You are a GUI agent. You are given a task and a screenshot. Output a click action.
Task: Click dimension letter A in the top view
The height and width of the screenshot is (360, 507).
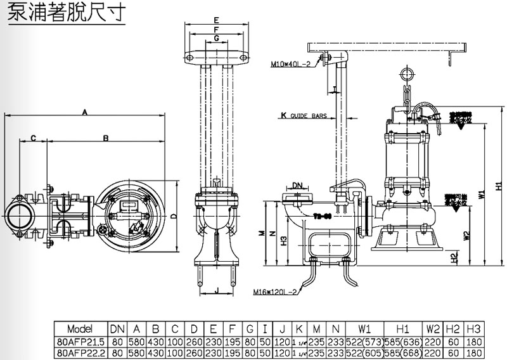tap(84, 111)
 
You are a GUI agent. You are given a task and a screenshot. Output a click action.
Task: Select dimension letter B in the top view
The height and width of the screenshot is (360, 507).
tap(106, 137)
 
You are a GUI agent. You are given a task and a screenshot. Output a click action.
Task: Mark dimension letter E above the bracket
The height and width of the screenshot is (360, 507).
tap(216, 20)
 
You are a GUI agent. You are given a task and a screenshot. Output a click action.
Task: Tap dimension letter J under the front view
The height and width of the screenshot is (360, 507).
tap(216, 291)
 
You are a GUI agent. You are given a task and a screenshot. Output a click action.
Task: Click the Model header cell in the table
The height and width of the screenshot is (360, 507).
tap(79, 329)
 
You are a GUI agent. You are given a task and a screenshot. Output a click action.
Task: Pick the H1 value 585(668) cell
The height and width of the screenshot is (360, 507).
tap(401, 351)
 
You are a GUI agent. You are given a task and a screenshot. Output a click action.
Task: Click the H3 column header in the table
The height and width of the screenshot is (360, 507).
tap(473, 329)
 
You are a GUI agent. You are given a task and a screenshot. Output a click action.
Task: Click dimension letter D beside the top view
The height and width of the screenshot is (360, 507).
tap(174, 215)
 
